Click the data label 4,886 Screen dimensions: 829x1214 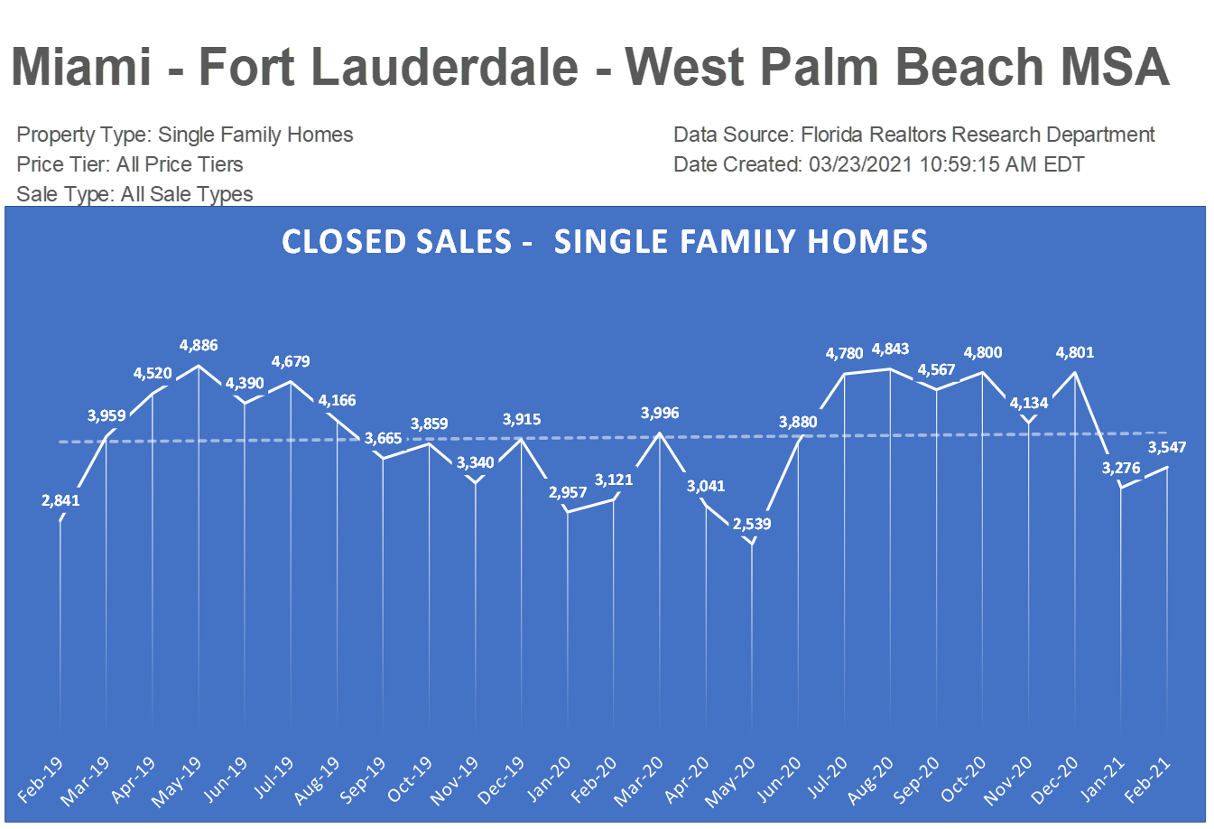pyautogui.click(x=199, y=345)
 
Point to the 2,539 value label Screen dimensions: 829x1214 pyautogui.click(x=752, y=524)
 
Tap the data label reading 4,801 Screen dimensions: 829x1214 pyautogui.click(x=1074, y=352)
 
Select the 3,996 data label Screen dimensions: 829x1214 pyautogui.click(x=660, y=413)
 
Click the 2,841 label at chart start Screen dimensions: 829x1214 pyautogui.click(x=60, y=500)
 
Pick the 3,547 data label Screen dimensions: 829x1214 pyautogui.click(x=1167, y=447)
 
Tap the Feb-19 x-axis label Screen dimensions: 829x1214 pyautogui.click(x=42, y=780)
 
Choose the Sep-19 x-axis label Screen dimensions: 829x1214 pyautogui.click(x=363, y=781)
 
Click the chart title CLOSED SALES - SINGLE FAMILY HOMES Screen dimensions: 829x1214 pyautogui.click(x=605, y=242)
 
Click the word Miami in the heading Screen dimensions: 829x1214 pyautogui.click(x=81, y=67)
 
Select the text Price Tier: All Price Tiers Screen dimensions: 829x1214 pyautogui.click(x=130, y=164)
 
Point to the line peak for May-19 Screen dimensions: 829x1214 pyautogui.click(x=199, y=366)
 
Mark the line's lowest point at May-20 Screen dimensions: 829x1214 pyautogui.click(x=752, y=545)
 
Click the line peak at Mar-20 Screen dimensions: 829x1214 pyautogui.click(x=660, y=433)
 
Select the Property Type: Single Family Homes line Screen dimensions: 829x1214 pyautogui.click(x=185, y=135)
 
